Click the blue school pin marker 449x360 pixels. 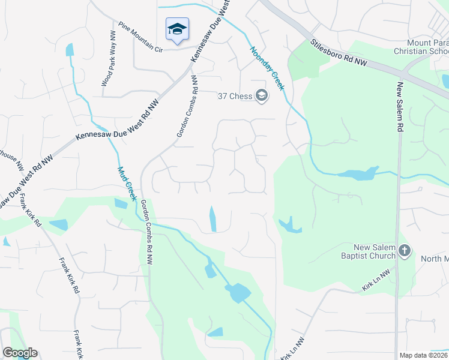coord(177,29)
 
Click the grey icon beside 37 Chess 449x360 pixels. coord(261,96)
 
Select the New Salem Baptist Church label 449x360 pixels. coord(367,251)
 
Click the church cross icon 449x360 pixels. coord(405,251)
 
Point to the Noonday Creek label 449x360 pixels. coord(267,68)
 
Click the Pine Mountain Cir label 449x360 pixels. coord(141,37)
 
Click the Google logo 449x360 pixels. coord(20,353)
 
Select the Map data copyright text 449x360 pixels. coord(424,355)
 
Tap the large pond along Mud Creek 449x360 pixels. coord(238,293)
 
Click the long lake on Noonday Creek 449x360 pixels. coord(357,175)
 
